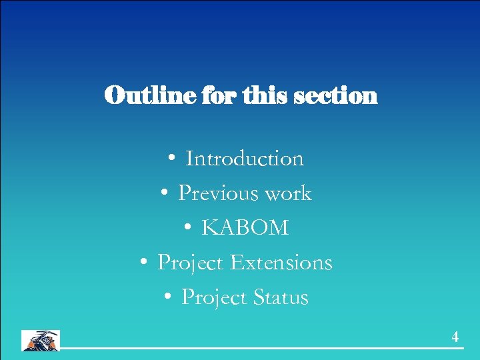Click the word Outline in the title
tap(141, 95)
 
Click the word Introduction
tap(245, 159)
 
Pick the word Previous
tap(218, 193)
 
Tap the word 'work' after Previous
tap(288, 194)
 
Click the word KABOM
tap(245, 228)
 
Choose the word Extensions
tap(281, 263)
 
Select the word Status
tap(281, 297)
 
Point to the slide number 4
tap(455, 337)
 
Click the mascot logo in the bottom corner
tap(41, 340)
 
